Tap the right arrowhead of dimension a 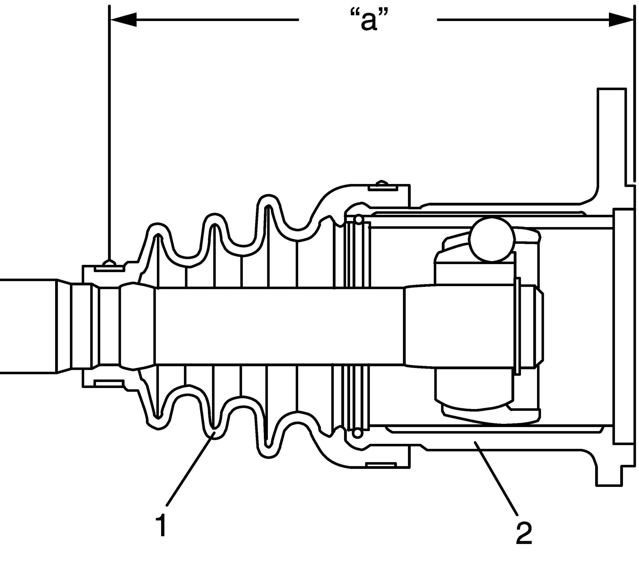click(x=621, y=20)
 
